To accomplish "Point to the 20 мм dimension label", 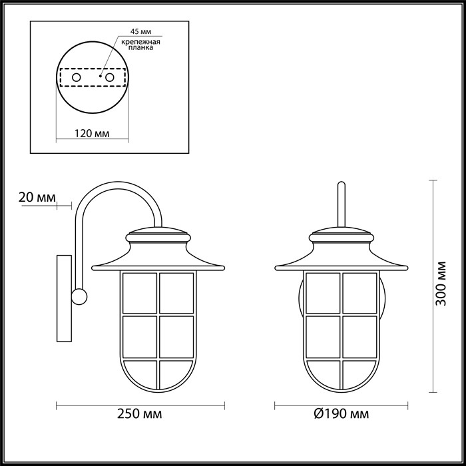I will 37,197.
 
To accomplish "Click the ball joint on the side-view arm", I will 80,296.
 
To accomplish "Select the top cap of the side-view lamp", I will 158,235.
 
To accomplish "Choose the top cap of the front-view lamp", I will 342,235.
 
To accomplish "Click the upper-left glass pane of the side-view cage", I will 140,292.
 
